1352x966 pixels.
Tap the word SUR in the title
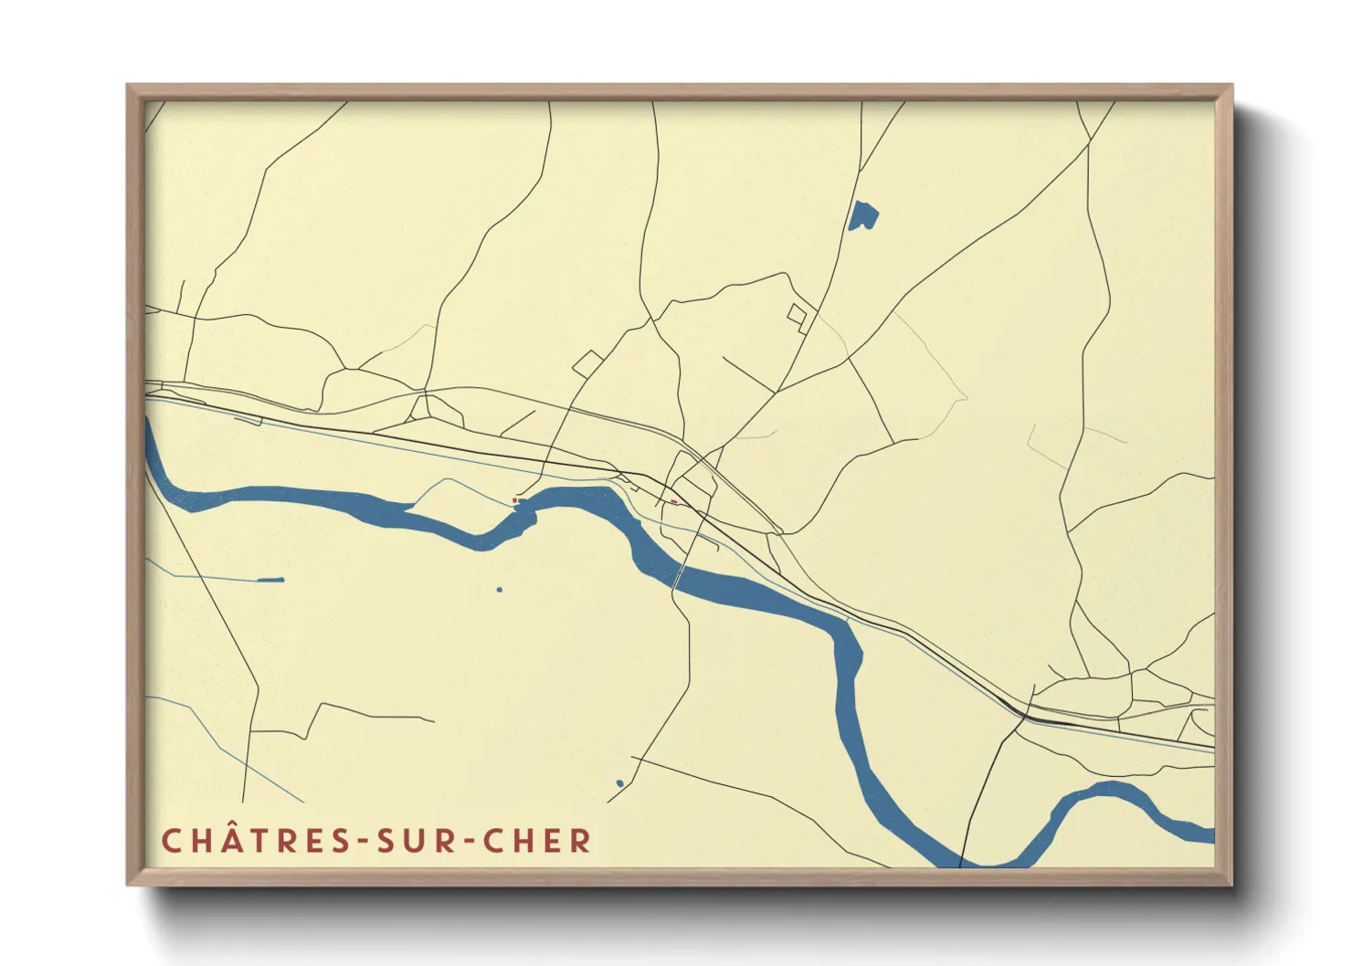click(417, 841)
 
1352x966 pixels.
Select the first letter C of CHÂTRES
click(172, 841)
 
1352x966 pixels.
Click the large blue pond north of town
click(862, 216)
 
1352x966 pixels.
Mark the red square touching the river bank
click(515, 500)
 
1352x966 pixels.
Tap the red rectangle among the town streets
click(674, 501)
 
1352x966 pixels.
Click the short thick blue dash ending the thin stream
click(270, 580)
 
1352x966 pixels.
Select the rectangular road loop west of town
click(586, 363)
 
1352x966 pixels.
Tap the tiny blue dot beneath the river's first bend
click(499, 590)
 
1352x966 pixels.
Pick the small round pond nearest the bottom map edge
click(619, 783)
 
